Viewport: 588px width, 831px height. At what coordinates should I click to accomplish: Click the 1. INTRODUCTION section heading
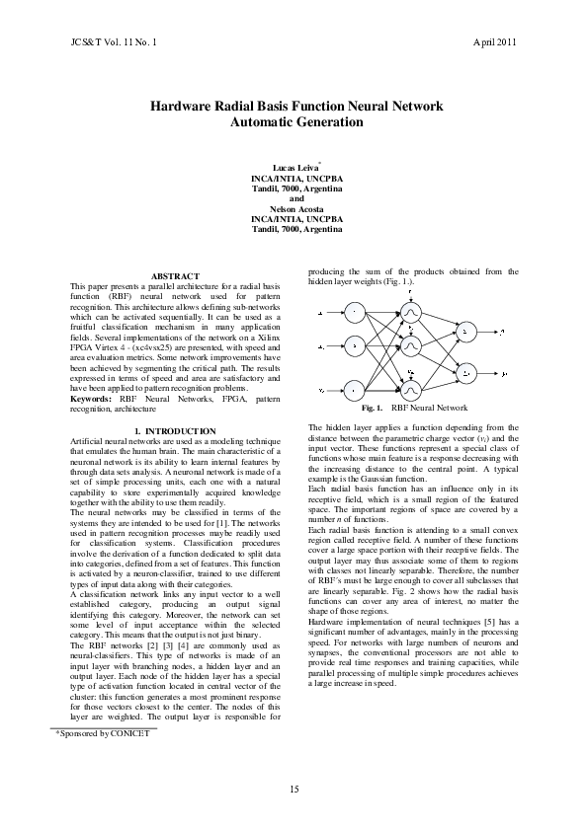[x=174, y=431]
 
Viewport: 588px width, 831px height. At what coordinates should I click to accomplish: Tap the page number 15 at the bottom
[x=294, y=787]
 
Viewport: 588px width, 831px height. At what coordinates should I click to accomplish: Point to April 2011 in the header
[x=495, y=43]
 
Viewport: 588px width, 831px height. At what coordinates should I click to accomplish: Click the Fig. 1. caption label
[x=373, y=407]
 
